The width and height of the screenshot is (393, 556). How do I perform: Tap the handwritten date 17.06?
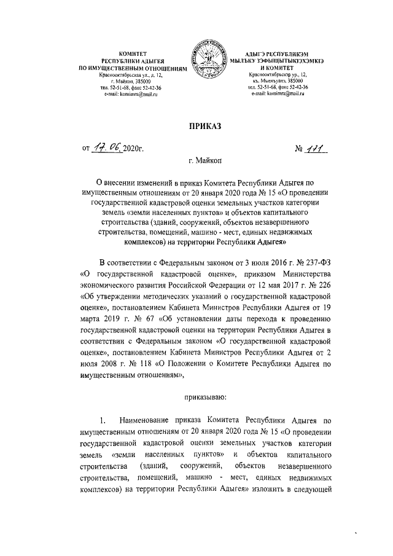click(x=105, y=148)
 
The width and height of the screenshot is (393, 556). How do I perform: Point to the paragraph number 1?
click(x=104, y=421)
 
